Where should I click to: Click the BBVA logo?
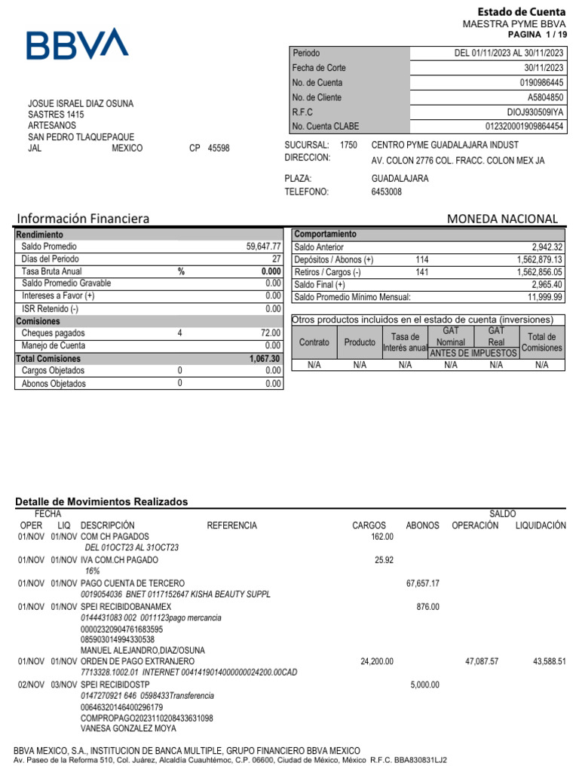[77, 44]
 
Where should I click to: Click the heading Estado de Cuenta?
[522, 11]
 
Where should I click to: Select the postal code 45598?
[219, 149]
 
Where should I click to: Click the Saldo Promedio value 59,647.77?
[263, 247]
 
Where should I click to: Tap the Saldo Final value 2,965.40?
[547, 284]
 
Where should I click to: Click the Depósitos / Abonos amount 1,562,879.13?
[535, 259]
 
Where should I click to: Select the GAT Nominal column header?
[451, 337]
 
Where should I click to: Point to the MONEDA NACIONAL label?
[502, 219]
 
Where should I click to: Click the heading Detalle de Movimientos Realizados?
[102, 501]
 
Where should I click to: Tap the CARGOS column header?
[369, 525]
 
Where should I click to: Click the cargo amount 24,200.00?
[377, 661]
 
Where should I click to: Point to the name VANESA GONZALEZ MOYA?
[128, 729]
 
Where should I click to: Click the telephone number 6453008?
[387, 192]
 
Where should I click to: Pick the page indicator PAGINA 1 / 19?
[536, 35]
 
